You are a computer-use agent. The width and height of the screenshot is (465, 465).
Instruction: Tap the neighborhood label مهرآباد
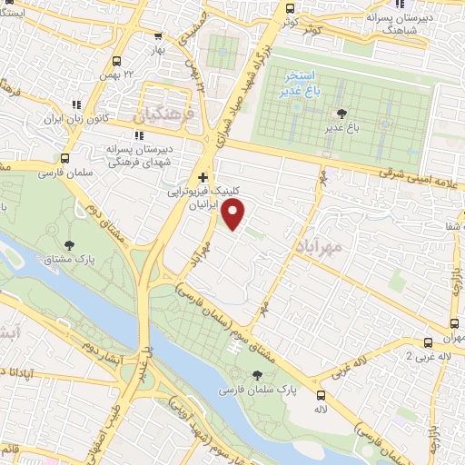coord(318,245)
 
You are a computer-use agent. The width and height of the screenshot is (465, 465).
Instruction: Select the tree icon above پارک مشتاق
coord(69,244)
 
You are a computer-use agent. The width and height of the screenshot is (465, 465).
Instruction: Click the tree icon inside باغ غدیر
coord(341,114)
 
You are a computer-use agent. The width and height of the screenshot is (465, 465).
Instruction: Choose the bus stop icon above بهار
coord(159,36)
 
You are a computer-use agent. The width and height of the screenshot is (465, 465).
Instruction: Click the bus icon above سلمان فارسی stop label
coord(63,158)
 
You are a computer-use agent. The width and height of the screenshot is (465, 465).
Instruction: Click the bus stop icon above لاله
coord(321,395)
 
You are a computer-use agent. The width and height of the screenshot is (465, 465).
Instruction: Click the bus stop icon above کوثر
coord(290,8)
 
